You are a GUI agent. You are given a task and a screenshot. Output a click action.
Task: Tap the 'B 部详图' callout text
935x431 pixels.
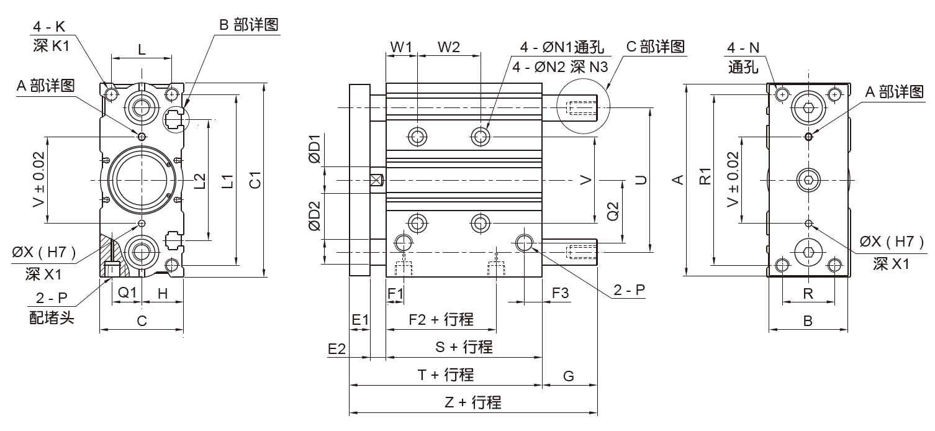248,25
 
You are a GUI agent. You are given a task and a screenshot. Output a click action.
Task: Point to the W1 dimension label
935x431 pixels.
401,47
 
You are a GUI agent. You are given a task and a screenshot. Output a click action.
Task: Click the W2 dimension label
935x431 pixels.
449,47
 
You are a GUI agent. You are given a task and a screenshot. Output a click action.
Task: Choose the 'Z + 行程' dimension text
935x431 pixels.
473,402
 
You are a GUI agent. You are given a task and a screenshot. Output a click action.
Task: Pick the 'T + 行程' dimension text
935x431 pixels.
445,374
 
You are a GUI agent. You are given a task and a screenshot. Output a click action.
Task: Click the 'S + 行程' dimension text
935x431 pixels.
464,347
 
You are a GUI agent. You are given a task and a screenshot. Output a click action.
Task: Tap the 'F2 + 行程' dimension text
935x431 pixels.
442,319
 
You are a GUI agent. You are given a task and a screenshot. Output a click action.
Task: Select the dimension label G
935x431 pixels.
569,375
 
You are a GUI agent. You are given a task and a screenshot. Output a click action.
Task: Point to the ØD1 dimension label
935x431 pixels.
315,149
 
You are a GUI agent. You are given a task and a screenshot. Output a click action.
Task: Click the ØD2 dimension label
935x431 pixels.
315,216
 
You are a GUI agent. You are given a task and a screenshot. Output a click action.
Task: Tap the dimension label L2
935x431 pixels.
199,181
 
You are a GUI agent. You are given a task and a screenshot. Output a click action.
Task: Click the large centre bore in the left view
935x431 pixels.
142,180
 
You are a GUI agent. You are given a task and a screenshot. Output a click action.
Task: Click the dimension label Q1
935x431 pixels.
127,292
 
